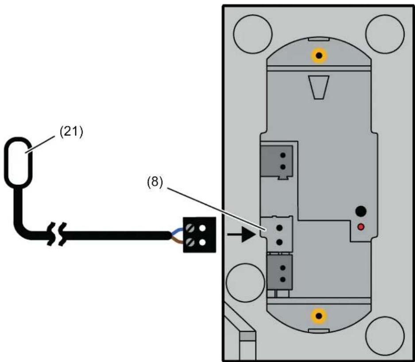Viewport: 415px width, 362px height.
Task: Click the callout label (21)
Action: [71, 132]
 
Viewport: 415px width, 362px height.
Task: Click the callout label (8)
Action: [155, 183]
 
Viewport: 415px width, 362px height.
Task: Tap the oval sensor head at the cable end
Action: [18, 162]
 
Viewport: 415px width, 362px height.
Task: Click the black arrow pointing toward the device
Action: [241, 234]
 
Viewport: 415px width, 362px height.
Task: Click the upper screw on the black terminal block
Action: [190, 228]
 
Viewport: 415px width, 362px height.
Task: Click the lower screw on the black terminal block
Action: [190, 242]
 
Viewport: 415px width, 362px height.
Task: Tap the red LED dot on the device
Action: [361, 227]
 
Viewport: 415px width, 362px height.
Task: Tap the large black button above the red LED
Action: [361, 211]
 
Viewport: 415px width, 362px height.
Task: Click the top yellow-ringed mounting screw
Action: [319, 56]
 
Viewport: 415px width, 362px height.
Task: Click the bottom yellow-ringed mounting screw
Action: [319, 316]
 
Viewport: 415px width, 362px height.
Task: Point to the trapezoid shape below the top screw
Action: [318, 87]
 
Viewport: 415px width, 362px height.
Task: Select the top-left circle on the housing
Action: [253, 34]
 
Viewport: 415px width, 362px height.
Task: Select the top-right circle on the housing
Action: [385, 34]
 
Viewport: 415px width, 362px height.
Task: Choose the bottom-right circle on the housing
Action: [385, 335]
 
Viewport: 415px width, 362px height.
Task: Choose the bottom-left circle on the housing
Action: [245, 283]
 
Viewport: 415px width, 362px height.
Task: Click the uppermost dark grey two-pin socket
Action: [276, 161]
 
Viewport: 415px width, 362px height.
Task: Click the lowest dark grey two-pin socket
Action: [280, 272]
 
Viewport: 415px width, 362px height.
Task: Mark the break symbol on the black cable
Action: [57, 234]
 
